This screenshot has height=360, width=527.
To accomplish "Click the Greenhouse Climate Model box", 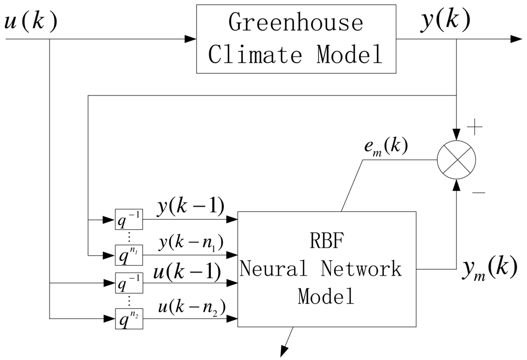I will pos(296,39).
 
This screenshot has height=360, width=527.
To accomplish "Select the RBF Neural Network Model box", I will pos(327,269).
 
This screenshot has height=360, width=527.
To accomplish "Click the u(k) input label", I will pos(31,22).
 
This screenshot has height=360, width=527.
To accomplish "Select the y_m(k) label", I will pos(486,269).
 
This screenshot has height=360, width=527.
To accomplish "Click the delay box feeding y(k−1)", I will pos(129,219).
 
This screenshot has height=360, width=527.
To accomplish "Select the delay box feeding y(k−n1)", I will pos(129,255).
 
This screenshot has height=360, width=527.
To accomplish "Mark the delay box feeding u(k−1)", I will pos(129,284).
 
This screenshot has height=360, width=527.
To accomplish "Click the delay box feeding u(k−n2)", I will pos(129,319).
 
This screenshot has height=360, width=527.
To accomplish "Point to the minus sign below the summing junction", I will pos(479,193).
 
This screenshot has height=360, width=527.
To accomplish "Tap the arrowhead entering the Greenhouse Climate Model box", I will pos(190,39).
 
